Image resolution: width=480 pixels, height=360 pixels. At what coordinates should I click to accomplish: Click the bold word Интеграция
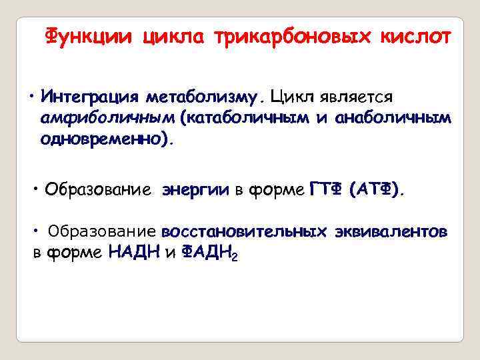[x=89, y=97]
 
